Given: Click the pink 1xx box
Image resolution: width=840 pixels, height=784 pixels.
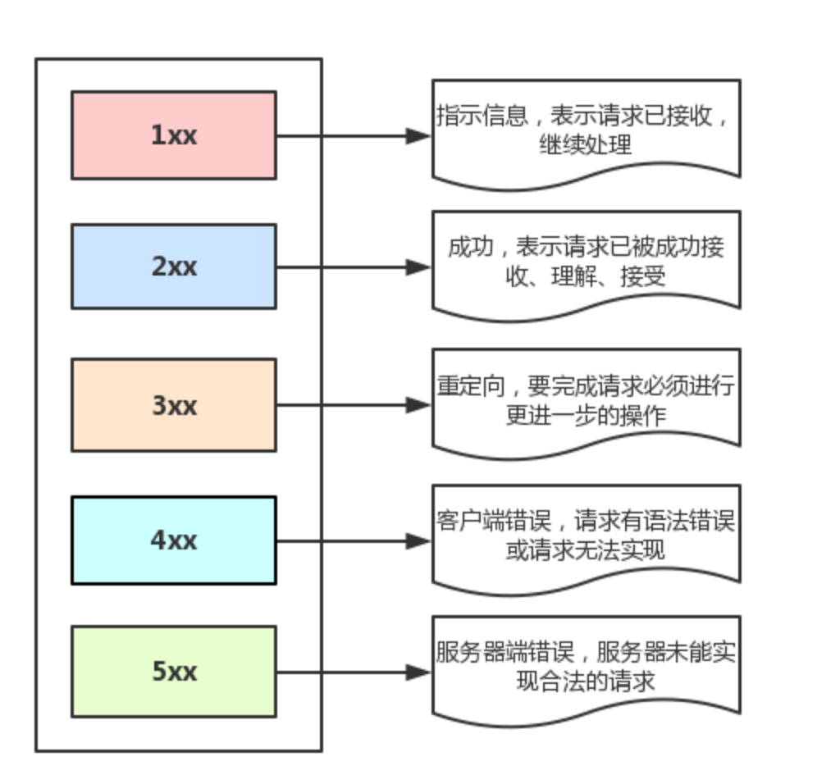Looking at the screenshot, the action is tap(174, 135).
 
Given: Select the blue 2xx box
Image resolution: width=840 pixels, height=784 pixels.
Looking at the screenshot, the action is tap(174, 267).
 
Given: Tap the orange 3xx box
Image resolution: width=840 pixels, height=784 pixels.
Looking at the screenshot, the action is tap(174, 405).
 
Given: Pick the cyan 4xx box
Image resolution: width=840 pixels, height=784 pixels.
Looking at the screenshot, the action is tap(174, 540).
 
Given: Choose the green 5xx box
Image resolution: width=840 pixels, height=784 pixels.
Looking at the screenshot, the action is tap(174, 672).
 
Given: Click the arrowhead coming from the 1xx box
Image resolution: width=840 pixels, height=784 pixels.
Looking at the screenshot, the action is tap(418, 136).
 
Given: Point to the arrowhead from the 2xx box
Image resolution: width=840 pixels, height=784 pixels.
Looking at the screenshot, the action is tap(418, 267).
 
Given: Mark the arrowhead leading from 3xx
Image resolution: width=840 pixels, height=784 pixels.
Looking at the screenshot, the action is tap(418, 405).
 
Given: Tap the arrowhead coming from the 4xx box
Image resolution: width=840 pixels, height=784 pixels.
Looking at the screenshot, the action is tap(418, 541).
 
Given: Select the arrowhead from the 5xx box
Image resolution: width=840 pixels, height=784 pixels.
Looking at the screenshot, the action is tap(418, 672).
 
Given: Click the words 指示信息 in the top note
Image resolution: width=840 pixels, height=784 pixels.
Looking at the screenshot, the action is tap(482, 116).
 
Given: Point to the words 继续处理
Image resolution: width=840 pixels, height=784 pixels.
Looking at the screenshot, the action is tap(586, 144).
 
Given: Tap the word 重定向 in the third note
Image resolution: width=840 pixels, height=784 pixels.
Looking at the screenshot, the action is tap(470, 385).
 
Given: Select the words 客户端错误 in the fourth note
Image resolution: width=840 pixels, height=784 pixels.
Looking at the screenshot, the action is tap(493, 521).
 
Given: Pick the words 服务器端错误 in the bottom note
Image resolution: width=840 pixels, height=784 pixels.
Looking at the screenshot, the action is tap(504, 652).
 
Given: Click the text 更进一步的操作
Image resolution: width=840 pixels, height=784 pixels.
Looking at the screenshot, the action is tap(586, 416).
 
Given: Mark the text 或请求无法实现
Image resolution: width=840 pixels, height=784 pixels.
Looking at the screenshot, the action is tap(586, 550).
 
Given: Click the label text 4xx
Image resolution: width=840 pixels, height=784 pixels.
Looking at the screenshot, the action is tap(174, 540).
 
